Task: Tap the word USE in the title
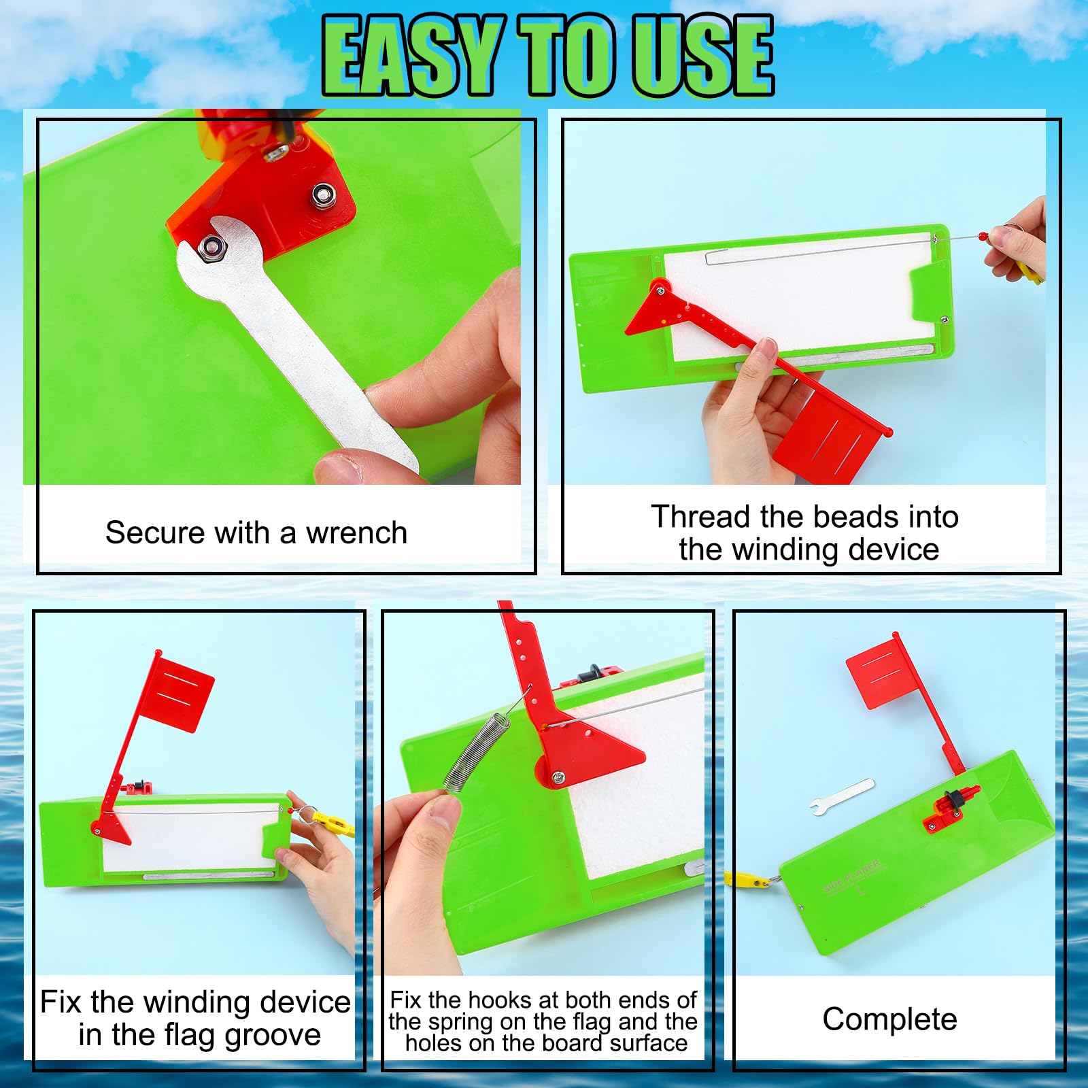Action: (702, 56)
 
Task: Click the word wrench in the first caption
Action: (356, 533)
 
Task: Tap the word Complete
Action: (889, 1019)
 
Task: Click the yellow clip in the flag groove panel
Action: (335, 822)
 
